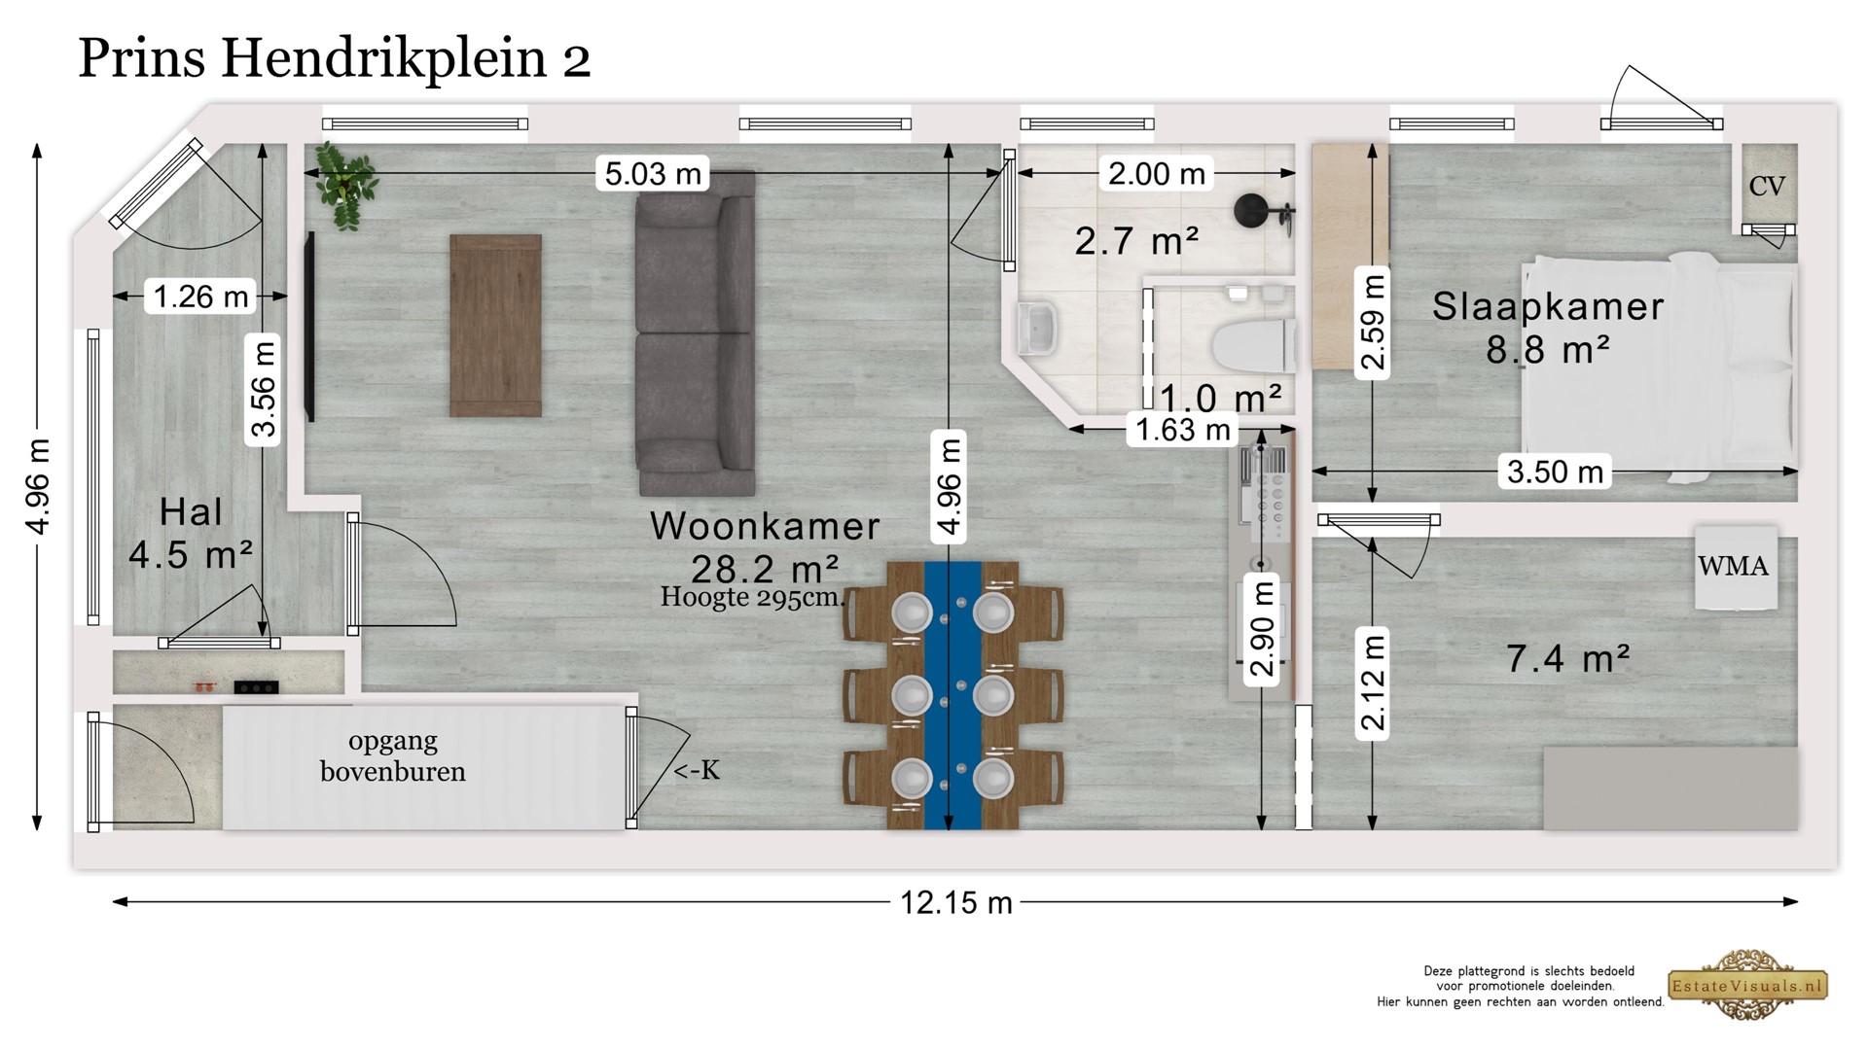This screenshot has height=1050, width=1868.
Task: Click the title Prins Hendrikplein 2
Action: click(335, 58)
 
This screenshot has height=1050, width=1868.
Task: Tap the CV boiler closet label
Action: click(1767, 186)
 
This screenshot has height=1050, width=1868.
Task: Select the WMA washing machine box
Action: click(1736, 568)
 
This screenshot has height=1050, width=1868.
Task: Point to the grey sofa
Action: click(695, 333)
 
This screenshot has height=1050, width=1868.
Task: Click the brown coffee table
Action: click(495, 326)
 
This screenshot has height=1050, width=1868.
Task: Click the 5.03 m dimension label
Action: click(653, 174)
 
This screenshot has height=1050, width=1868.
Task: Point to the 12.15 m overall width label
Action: click(956, 902)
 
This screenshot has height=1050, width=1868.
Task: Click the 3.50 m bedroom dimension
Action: click(1555, 472)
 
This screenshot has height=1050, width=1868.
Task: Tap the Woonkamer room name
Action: click(765, 526)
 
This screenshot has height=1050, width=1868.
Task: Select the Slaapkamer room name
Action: click(1548, 306)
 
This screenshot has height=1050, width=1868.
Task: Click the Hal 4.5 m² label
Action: click(191, 533)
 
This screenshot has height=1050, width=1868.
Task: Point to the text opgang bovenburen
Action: click(393, 755)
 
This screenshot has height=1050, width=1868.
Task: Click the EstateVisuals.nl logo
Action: click(1748, 986)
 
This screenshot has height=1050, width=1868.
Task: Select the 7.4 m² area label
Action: click(1568, 659)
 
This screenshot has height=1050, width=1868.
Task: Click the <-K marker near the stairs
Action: click(697, 770)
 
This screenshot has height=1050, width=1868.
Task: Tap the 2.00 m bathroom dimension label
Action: click(1157, 174)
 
